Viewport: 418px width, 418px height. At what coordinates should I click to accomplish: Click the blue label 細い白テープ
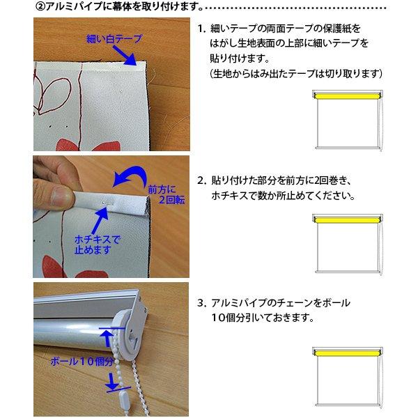point(114,39)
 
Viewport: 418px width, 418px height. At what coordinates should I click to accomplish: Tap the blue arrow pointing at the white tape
point(125,56)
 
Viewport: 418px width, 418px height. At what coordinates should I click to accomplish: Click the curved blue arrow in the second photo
point(131,176)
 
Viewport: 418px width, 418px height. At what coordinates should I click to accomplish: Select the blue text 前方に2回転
point(166,194)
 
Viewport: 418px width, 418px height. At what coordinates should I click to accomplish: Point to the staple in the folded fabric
point(107,203)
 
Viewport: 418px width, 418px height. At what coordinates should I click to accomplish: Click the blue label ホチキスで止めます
point(98,245)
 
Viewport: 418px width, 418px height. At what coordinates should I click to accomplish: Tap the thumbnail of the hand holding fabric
point(111,217)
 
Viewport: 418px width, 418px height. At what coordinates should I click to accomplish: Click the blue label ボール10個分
point(82,362)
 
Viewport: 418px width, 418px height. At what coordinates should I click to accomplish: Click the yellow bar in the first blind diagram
point(348,95)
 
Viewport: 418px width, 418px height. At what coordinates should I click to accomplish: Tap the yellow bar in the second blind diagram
point(348,220)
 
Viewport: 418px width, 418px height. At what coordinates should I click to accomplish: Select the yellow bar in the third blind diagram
point(348,353)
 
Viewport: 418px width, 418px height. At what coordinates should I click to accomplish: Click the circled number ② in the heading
point(40,7)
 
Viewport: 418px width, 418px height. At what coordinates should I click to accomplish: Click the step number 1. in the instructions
point(202,29)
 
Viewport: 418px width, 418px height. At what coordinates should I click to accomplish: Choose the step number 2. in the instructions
point(202,180)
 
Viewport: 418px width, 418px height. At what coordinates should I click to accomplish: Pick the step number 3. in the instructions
point(202,303)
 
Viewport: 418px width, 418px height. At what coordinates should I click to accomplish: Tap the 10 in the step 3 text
point(218,318)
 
